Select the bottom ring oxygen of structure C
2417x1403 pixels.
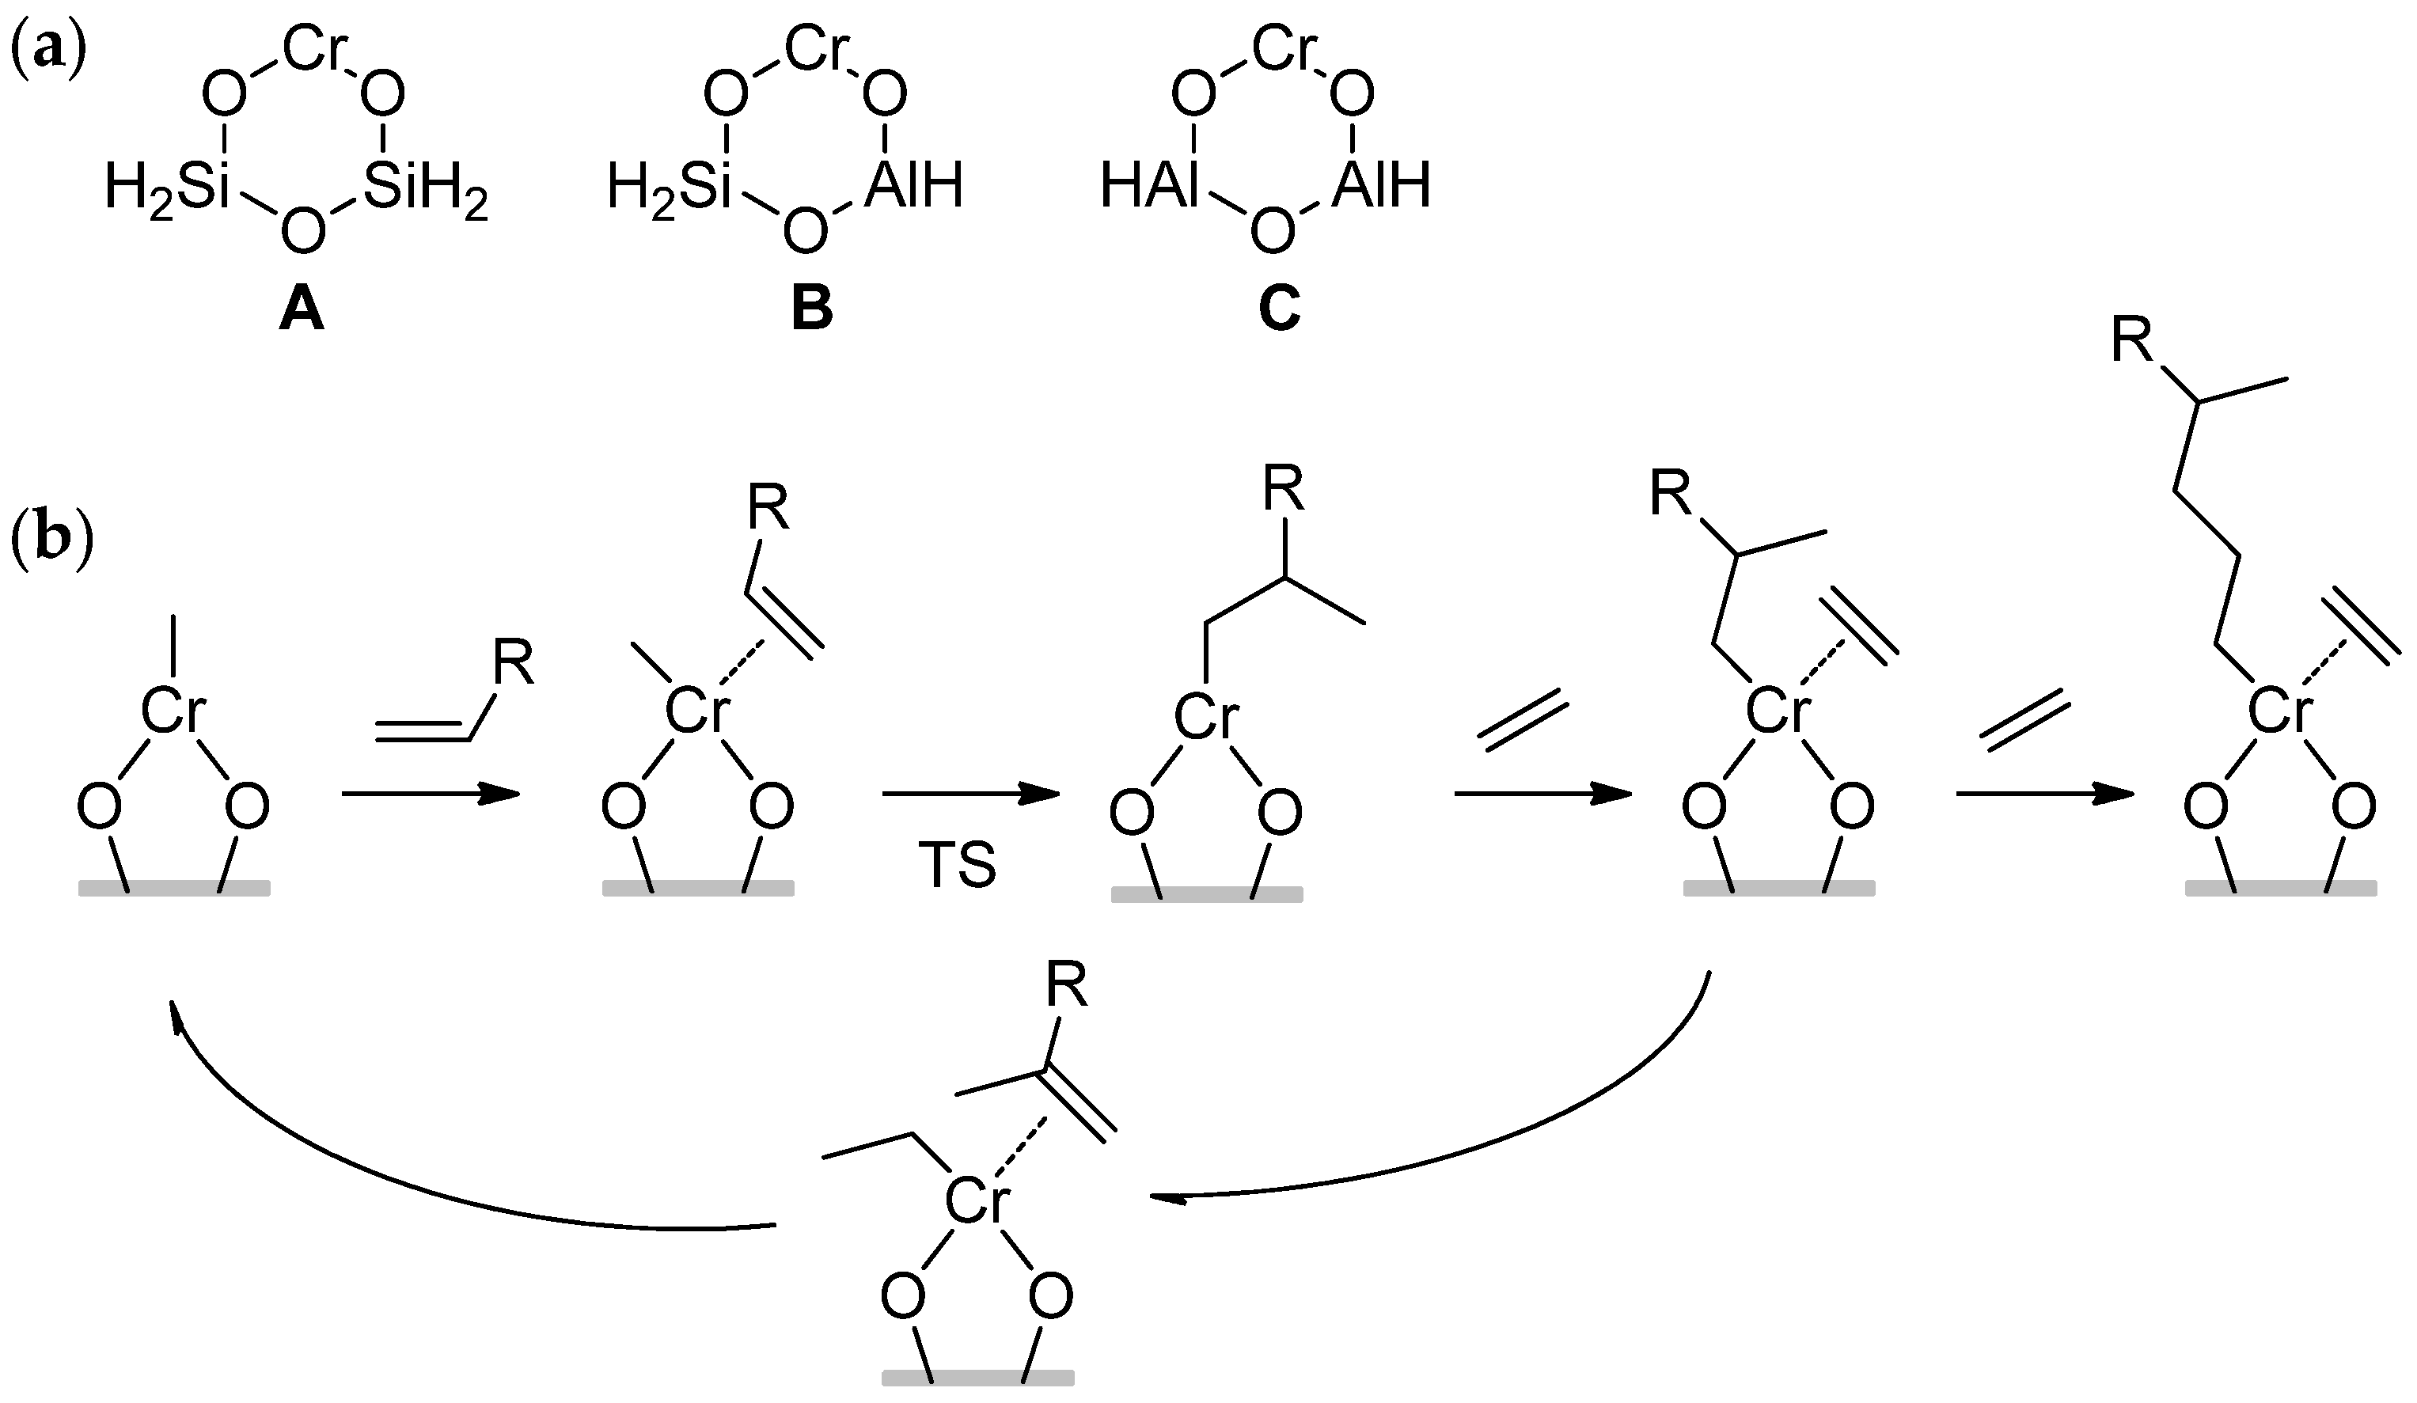1272,231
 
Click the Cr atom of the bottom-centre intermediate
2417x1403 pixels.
977,1203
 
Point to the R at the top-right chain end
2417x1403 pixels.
2133,343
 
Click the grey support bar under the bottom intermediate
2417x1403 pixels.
977,1378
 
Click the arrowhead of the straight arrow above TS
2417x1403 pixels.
1041,793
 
